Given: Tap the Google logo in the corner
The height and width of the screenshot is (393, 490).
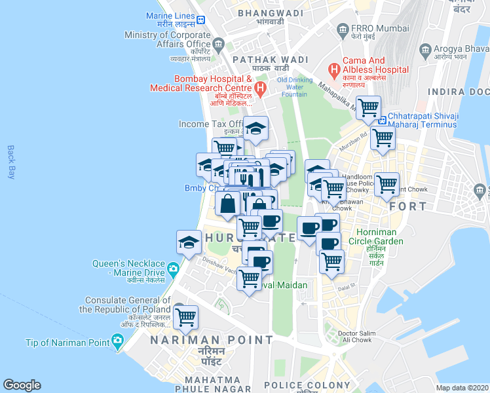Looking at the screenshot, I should tap(22, 385).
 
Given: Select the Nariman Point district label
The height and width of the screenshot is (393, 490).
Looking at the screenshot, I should tap(211, 340).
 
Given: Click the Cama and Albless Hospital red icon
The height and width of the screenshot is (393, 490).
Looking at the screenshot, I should tap(334, 69).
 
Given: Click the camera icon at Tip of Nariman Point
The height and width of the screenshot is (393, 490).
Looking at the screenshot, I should tap(117, 341).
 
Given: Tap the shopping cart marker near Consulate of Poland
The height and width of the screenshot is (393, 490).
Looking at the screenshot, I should tap(186, 317).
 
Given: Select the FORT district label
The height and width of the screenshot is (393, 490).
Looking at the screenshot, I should tap(407, 206).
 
